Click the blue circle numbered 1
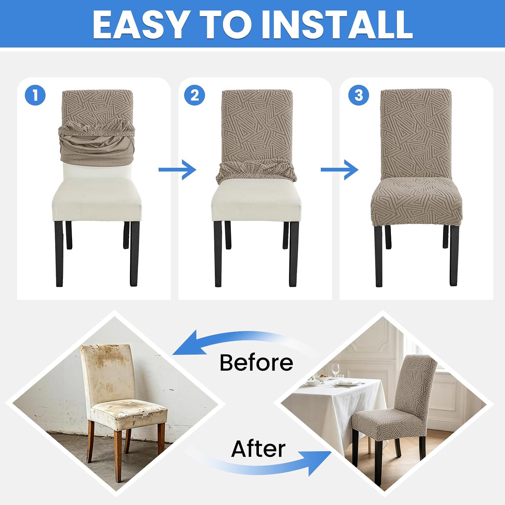(x=35, y=95)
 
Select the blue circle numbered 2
(x=195, y=95)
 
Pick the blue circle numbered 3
(x=359, y=95)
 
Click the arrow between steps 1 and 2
(x=177, y=169)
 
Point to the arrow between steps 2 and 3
(x=339, y=169)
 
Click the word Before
(x=256, y=362)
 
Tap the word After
(x=258, y=449)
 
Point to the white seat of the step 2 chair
(x=256, y=200)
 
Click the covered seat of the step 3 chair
(x=416, y=202)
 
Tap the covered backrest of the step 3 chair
(x=416, y=135)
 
